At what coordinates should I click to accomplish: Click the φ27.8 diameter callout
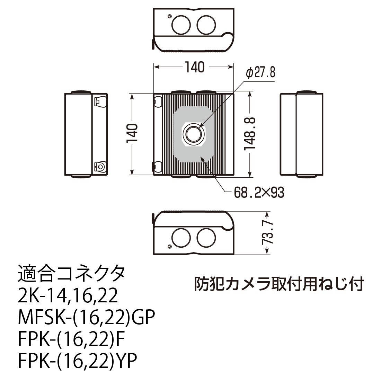click(x=260, y=72)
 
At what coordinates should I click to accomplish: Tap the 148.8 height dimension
click(x=250, y=134)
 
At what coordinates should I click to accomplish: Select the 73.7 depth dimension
click(x=267, y=232)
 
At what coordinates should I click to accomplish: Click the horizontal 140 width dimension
click(x=195, y=67)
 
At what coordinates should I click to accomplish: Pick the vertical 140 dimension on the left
click(x=132, y=134)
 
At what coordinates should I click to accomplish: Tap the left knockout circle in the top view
click(x=181, y=25)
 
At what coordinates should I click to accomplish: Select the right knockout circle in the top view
click(x=206, y=25)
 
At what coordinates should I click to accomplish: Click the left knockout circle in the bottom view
click(x=181, y=238)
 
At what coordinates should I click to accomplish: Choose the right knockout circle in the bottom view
click(x=206, y=238)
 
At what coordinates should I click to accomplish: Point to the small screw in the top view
click(x=169, y=16)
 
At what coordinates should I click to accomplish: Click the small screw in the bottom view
click(x=169, y=247)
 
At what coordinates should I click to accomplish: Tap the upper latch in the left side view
click(x=100, y=102)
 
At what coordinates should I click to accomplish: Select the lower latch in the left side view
click(x=100, y=167)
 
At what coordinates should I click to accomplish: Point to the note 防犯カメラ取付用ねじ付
click(x=279, y=283)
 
